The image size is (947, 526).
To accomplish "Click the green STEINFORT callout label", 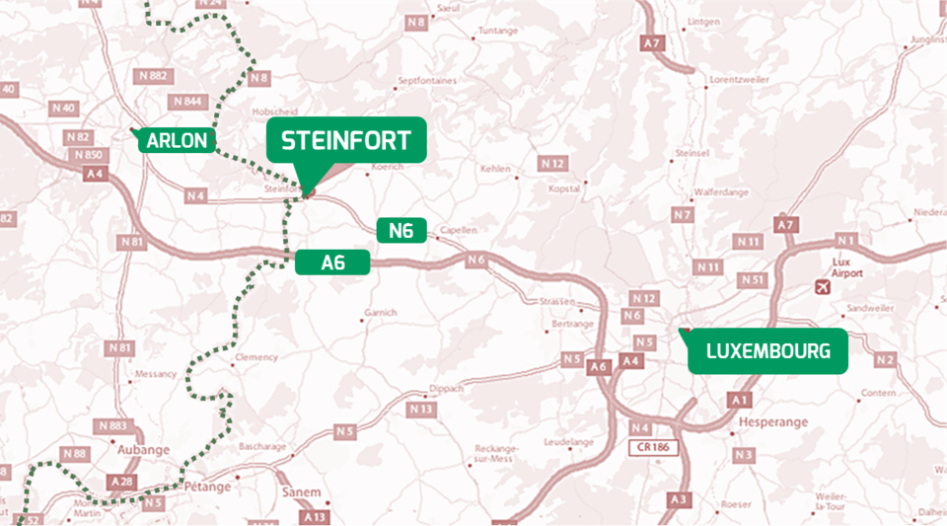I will (346, 140).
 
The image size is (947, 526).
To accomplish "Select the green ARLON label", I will (178, 141).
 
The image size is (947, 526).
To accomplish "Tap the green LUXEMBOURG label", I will (767, 350).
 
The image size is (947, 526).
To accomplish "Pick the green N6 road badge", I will (401, 231).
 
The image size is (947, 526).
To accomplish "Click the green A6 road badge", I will (332, 262).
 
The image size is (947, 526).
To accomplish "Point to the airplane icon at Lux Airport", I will (823, 286).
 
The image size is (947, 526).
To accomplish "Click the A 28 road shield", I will (122, 481).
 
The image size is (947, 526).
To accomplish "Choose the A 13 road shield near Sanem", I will (316, 516).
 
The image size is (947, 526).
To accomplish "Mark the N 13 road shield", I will (421, 409).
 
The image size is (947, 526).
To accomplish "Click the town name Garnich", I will (380, 313).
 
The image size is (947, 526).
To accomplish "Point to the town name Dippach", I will (447, 389).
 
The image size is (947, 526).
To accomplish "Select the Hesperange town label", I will (772, 421).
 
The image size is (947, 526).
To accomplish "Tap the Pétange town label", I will (206, 487).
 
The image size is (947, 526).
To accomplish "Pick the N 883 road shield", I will (114, 425).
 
